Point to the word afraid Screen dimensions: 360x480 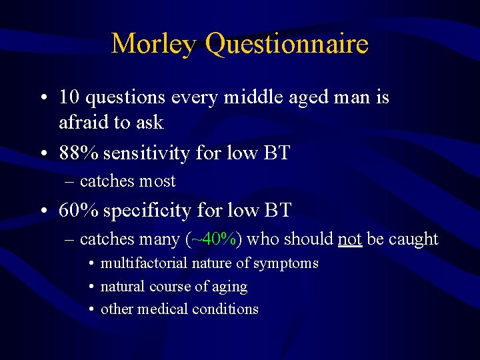[81, 123]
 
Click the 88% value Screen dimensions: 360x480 [78, 153]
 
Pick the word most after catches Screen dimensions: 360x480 [157, 181]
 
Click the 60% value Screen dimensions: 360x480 [78, 211]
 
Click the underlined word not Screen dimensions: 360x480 [349, 239]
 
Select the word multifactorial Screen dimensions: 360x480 [143, 263]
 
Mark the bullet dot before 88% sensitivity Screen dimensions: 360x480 [43, 154]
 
